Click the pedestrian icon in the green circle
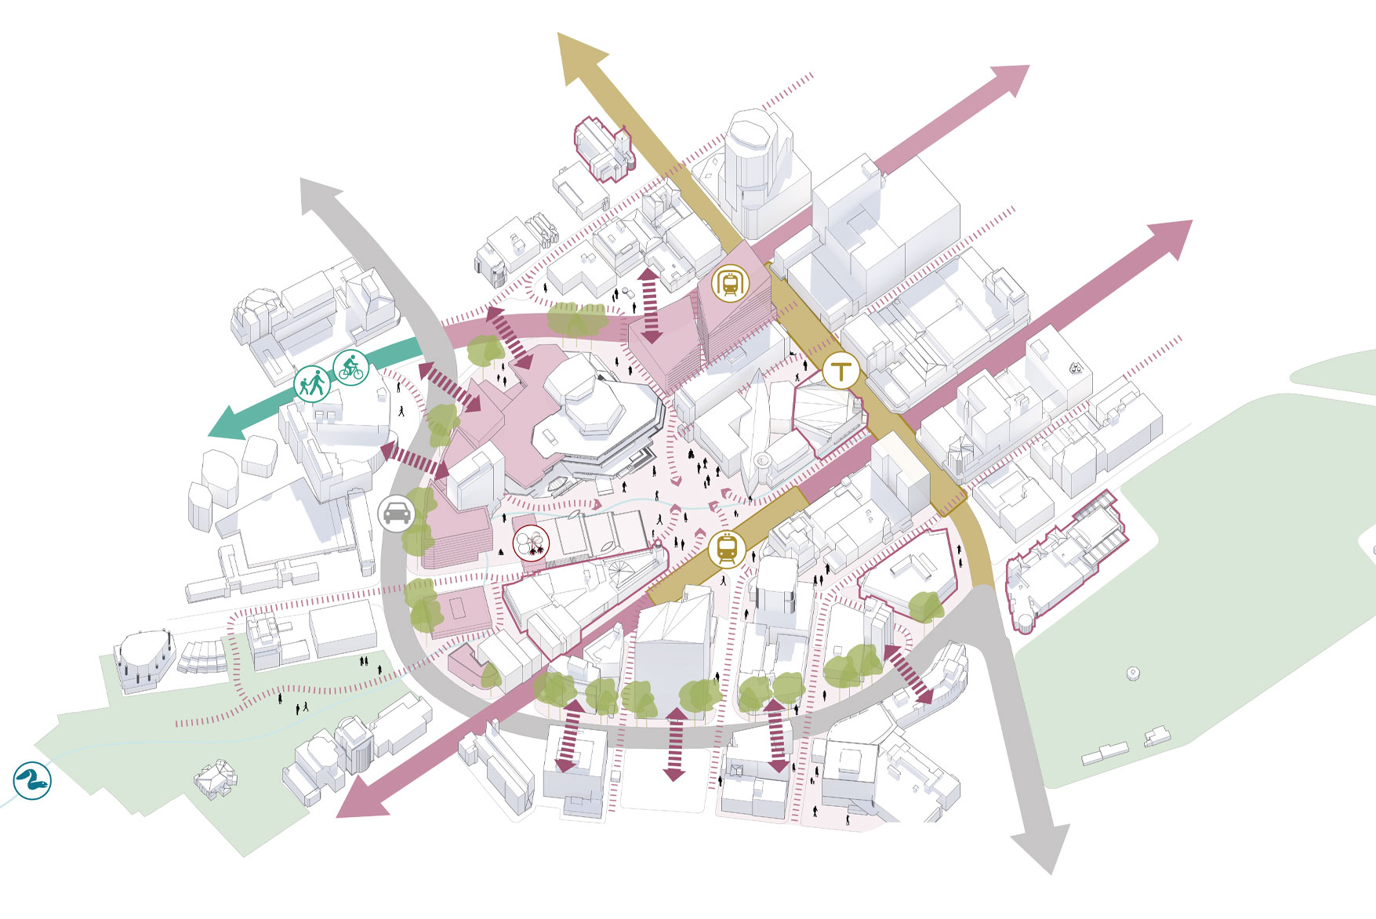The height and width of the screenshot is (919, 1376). tap(312, 384)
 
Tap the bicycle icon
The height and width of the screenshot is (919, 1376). tap(350, 367)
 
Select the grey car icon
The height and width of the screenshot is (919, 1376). tap(396, 514)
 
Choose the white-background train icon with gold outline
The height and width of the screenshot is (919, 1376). tap(730, 284)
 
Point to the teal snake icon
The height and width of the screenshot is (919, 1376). tap(32, 780)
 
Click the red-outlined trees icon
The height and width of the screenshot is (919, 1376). tap(531, 543)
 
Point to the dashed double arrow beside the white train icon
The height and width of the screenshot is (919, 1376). tap(650, 306)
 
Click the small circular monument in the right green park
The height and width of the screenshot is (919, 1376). tap(1132, 673)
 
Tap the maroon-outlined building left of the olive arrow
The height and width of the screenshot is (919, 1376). tap(602, 149)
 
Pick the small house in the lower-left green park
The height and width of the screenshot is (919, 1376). tap(216, 778)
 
